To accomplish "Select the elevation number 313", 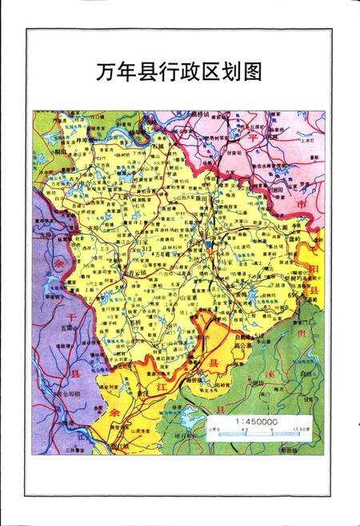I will pyautogui.click(x=146, y=250).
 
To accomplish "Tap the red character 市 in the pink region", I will pyautogui.click(x=302, y=206).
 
